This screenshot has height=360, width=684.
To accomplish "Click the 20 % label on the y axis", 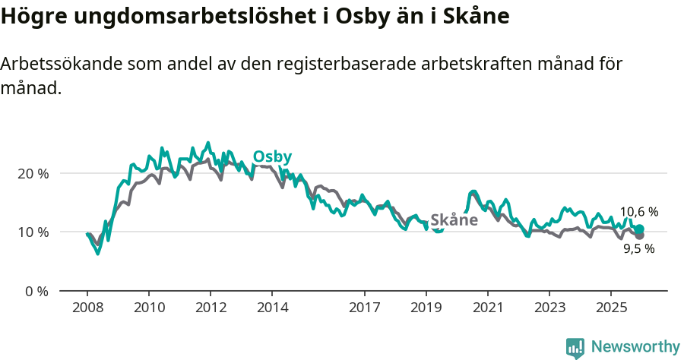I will (x=33, y=173).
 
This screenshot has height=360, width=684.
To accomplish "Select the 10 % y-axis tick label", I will (x=33, y=232).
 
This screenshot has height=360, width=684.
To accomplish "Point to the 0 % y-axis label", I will (x=36, y=291).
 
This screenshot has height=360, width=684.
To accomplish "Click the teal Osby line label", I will (x=272, y=156).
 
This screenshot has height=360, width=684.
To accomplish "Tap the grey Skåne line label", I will (x=454, y=220).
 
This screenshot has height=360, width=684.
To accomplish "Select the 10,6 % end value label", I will (x=638, y=212).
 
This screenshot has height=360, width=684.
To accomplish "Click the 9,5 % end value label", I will (x=638, y=248).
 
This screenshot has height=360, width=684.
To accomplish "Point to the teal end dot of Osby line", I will (x=639, y=229).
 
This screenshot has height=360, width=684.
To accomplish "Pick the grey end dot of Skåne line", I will (x=639, y=236).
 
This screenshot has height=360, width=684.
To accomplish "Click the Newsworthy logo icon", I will (x=575, y=347).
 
